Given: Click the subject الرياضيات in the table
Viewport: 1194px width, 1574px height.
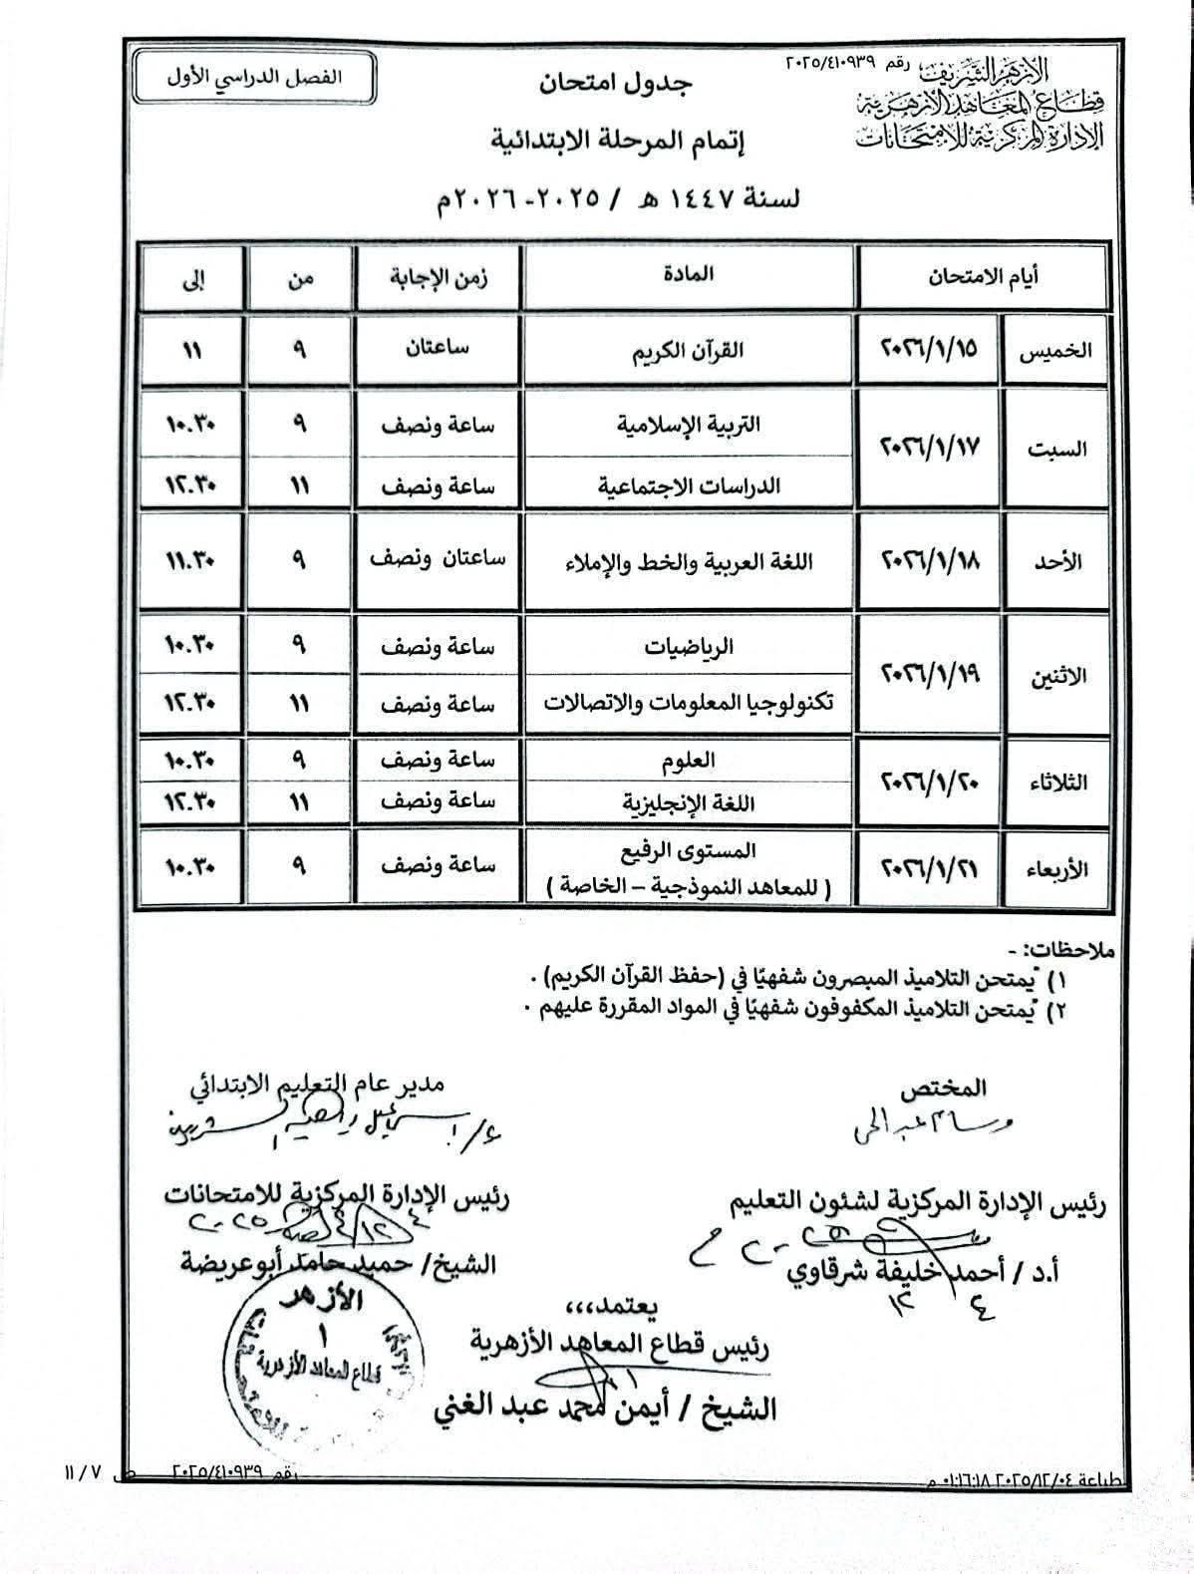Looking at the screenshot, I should pos(689,647).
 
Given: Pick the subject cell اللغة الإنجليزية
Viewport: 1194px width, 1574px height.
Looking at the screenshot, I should pos(689,802).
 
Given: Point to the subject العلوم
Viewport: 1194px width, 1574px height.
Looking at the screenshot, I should pos(689,761).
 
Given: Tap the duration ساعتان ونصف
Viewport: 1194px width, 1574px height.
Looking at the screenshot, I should pos(439,559).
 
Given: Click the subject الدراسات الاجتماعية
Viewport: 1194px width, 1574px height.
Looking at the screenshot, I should pos(689,486).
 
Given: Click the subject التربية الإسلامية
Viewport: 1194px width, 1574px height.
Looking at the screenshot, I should pos(689,425).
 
